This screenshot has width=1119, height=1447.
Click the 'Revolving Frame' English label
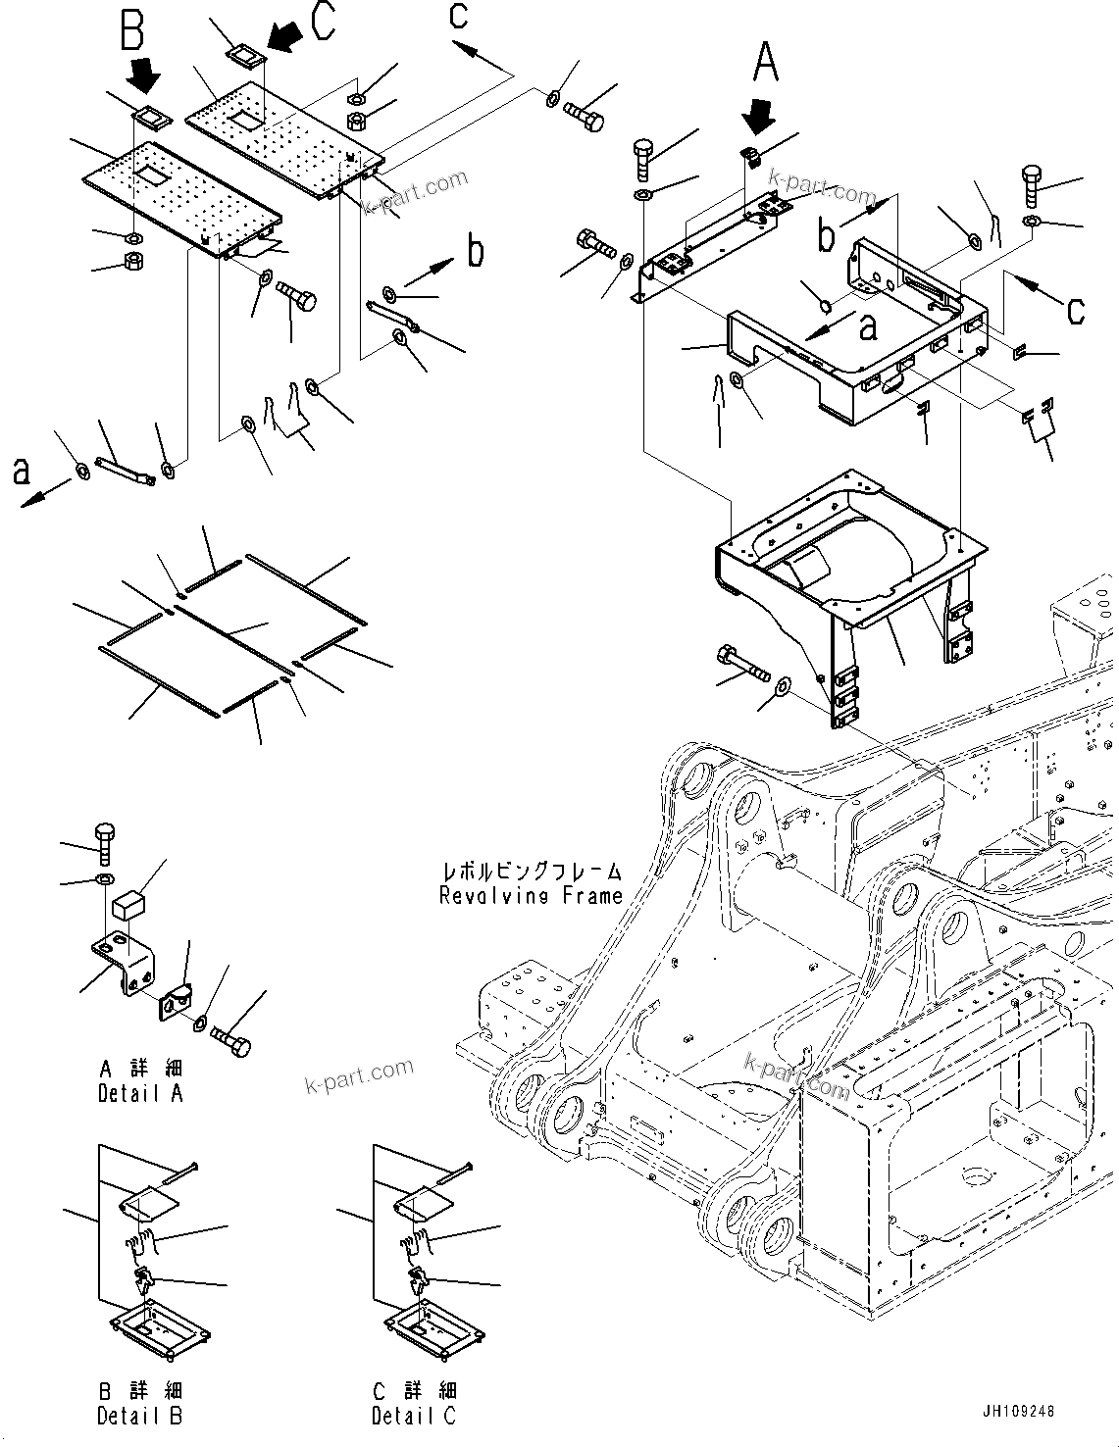pyautogui.click(x=531, y=895)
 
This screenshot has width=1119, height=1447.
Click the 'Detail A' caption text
pyautogui.click(x=140, y=1093)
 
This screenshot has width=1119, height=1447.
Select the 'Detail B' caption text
pyautogui.click(x=139, y=1416)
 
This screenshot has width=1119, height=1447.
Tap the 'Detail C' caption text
pyautogui.click(x=414, y=1416)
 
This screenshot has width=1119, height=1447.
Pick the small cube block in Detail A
pyautogui.click(x=128, y=904)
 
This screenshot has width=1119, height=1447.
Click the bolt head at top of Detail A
pyautogui.click(x=105, y=834)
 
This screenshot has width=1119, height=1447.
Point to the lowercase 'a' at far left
pyautogui.click(x=21, y=473)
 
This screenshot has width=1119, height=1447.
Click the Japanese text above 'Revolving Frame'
pyautogui.click(x=531, y=870)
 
